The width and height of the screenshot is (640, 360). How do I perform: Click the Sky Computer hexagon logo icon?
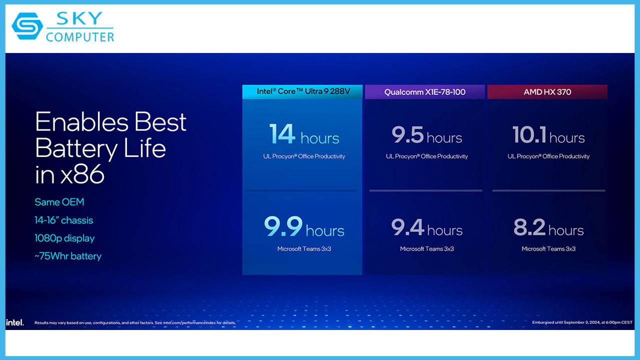(x=27, y=25)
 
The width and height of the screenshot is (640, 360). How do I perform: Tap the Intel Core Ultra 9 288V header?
(x=303, y=91)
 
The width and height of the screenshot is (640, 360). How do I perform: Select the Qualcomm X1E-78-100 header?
(x=425, y=92)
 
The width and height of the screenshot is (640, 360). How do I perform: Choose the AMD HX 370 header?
(x=547, y=92)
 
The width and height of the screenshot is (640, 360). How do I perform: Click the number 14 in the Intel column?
(x=282, y=133)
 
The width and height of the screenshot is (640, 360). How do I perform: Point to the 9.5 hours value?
(x=427, y=135)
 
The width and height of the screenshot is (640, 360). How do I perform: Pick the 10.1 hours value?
(x=548, y=135)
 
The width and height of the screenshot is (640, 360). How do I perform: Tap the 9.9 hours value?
(x=304, y=226)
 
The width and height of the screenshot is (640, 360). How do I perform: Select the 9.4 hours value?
(x=427, y=227)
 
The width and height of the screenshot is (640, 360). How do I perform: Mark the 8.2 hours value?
(x=548, y=227)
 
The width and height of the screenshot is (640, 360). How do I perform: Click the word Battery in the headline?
(x=76, y=149)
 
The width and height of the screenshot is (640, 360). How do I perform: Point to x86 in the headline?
(x=82, y=174)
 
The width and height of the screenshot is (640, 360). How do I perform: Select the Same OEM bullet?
(x=59, y=202)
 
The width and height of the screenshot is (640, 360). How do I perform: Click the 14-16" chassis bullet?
(x=63, y=220)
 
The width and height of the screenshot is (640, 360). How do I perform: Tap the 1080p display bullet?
(x=64, y=238)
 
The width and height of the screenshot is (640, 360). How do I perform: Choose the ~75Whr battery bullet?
(x=68, y=256)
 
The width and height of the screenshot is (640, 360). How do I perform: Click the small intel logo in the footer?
(x=15, y=322)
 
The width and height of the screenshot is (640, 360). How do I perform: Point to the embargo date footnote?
(x=582, y=322)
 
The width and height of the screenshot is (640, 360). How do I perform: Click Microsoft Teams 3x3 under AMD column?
(x=548, y=249)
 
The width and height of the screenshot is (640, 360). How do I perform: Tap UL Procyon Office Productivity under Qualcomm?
(x=427, y=156)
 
